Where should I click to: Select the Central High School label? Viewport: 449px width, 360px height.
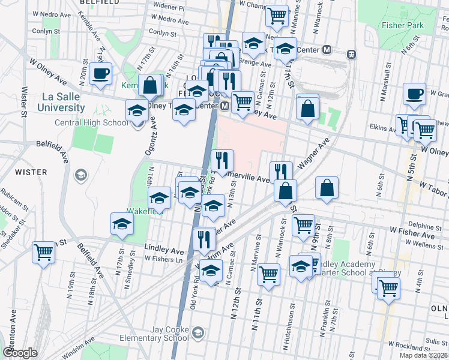point(91,123)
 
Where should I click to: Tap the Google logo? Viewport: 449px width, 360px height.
point(20,352)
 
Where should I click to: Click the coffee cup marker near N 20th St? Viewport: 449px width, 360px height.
point(100,74)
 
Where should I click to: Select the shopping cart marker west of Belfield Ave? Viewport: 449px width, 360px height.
point(44,253)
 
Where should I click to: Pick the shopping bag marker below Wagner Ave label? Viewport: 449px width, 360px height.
point(327,188)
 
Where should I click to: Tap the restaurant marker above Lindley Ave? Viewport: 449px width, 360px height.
point(204,239)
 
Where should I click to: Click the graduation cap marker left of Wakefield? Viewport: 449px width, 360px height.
point(122,224)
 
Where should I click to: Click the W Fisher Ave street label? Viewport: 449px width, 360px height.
point(408,230)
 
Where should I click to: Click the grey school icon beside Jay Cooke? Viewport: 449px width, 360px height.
point(198,332)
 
